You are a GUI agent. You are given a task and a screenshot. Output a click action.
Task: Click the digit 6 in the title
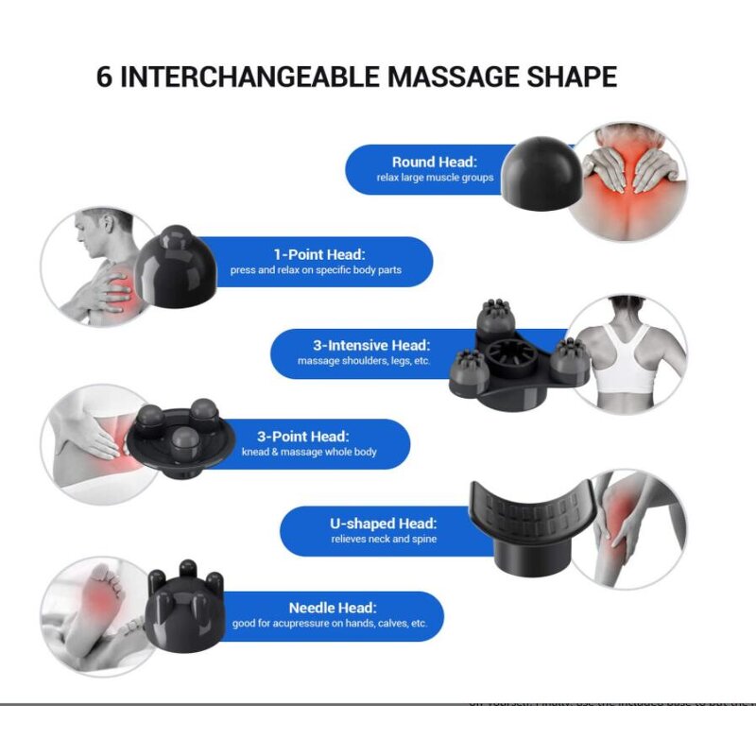(x=105, y=77)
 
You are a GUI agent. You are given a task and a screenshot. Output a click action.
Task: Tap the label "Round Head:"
(x=435, y=162)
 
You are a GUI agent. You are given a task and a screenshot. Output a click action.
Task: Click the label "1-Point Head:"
(x=319, y=254)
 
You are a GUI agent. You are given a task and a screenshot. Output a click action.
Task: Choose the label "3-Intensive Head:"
(x=371, y=345)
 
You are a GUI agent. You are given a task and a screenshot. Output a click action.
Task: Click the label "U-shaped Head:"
(x=384, y=524)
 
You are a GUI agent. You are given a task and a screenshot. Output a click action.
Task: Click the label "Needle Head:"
(x=333, y=608)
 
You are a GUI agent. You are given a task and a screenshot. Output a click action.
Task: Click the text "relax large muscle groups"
(x=435, y=178)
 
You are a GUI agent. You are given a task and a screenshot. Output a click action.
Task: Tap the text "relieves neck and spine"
(x=384, y=540)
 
